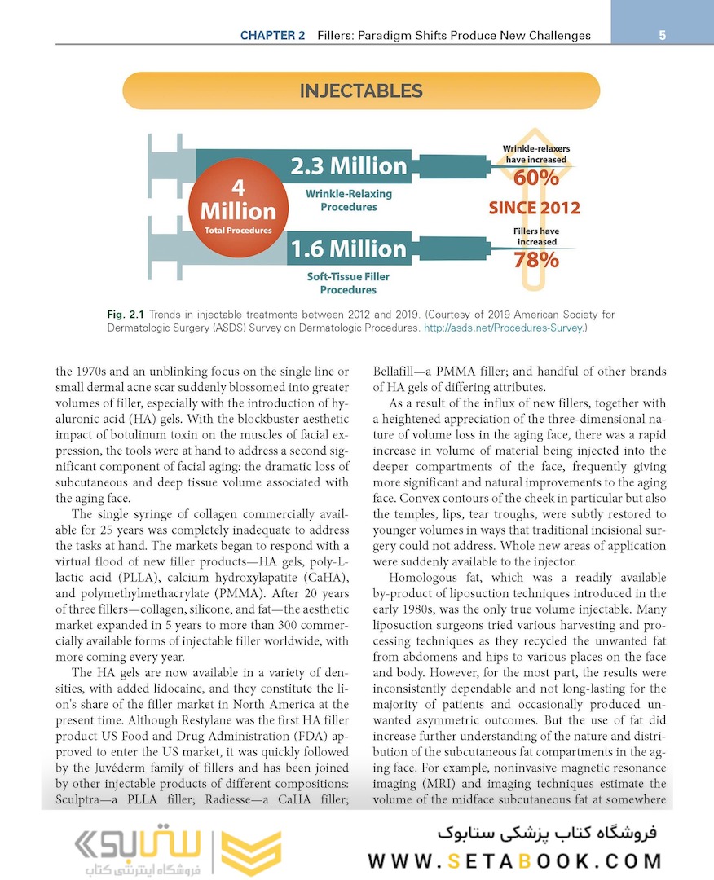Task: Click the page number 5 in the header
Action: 663,35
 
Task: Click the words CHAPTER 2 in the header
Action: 272,36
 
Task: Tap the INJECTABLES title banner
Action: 361,90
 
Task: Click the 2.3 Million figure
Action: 349,166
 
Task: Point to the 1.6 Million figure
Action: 348,249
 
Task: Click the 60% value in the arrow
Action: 536,178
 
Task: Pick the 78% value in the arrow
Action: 536,260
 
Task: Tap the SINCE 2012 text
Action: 535,208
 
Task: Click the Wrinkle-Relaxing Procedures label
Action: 349,200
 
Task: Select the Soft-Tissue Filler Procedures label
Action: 348,283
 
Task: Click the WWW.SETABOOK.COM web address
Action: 514,861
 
